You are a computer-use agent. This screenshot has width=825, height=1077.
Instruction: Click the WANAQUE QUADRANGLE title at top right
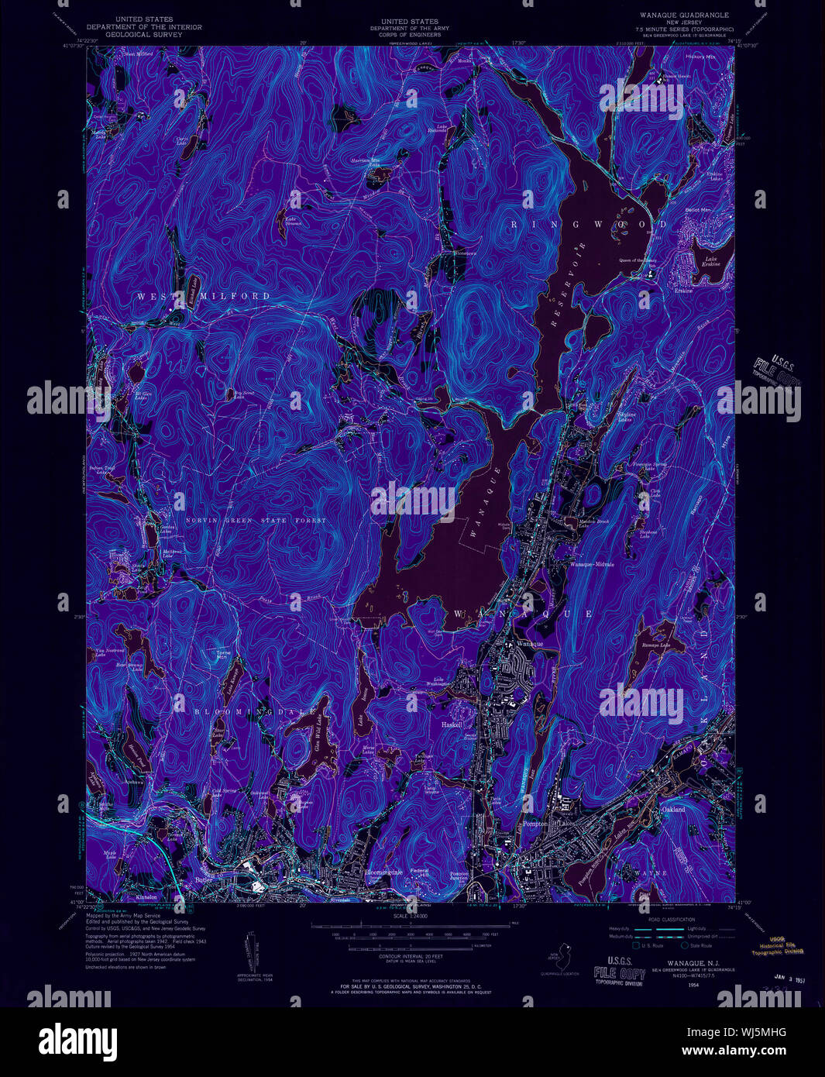(684, 15)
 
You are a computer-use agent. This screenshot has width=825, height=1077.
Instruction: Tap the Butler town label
(204, 879)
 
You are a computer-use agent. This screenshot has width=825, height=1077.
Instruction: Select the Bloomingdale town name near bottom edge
(383, 872)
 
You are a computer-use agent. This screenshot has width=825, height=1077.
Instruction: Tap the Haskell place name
(452, 724)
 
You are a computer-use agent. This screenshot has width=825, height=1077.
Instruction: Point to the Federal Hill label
(419, 872)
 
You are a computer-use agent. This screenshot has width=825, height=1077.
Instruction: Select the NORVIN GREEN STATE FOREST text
(256, 520)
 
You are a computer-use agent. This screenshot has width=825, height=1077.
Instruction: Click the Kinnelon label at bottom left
(146, 897)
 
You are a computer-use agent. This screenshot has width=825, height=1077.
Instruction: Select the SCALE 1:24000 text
(411, 916)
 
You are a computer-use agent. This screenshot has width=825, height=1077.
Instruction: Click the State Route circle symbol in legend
(685, 945)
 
